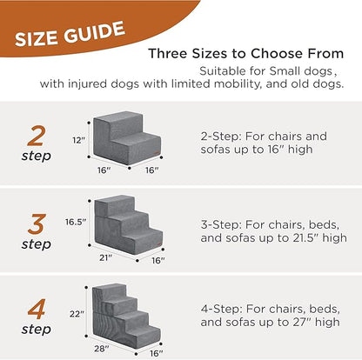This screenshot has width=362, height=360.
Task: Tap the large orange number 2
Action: click(37, 137)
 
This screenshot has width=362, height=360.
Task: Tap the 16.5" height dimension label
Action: click(76, 222)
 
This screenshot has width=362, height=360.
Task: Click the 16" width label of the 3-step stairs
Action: click(157, 259)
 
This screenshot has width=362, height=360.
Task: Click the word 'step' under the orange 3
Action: click(37, 245)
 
